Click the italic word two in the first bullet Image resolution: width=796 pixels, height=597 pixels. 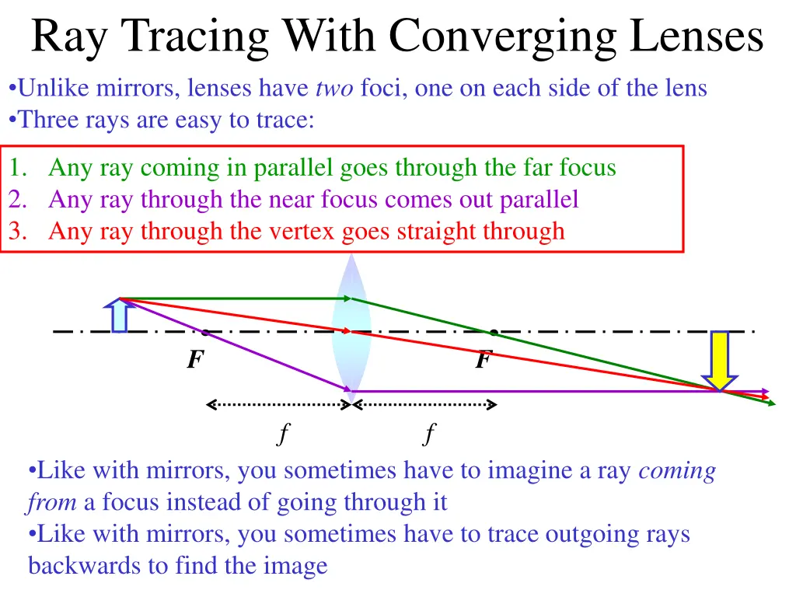pos(334,89)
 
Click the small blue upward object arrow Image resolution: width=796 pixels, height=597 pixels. pos(119,315)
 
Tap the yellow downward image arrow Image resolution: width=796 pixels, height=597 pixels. pos(721,359)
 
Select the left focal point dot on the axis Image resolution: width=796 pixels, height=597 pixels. pos(205,333)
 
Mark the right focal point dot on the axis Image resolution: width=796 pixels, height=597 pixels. pos(493,333)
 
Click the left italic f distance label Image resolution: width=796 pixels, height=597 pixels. pos(283,432)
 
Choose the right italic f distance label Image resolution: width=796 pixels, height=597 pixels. pos(429,432)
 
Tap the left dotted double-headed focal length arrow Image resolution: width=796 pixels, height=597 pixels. pos(278,404)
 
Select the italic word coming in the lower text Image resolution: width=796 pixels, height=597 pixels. pos(676,471)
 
